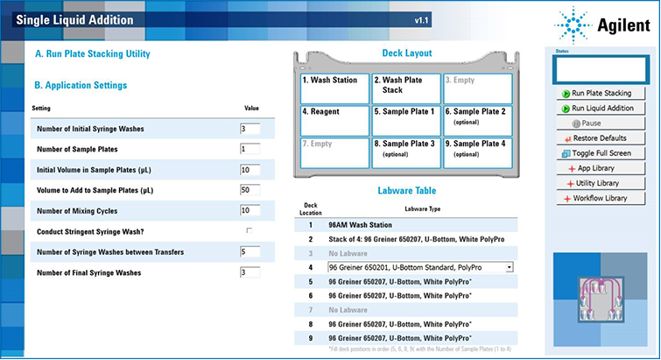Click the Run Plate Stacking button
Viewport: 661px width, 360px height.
(x=598, y=94)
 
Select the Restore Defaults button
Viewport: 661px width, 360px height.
(x=598, y=138)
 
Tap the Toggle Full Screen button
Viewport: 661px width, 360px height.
(x=598, y=153)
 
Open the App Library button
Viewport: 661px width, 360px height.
(x=598, y=168)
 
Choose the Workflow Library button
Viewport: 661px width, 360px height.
(x=598, y=198)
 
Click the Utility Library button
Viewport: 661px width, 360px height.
(x=598, y=183)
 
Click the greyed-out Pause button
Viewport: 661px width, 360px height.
(x=598, y=124)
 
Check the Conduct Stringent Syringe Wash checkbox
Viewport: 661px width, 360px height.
(x=250, y=230)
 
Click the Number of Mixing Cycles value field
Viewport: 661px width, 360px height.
(x=250, y=210)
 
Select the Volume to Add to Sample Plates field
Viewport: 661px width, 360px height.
(x=250, y=190)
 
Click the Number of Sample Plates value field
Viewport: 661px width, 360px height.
(x=250, y=149)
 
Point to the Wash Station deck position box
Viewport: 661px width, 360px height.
(x=334, y=88)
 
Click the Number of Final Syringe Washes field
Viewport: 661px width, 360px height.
(x=250, y=272)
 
